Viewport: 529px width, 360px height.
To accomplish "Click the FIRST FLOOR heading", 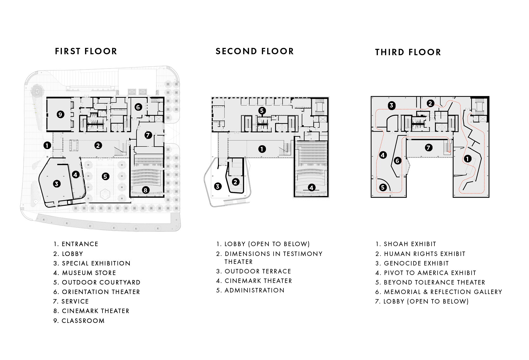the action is pyautogui.click(x=86, y=51).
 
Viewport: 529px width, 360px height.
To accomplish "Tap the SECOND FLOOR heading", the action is pyautogui.click(x=255, y=51).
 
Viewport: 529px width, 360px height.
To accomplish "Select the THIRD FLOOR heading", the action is pyautogui.click(x=408, y=52).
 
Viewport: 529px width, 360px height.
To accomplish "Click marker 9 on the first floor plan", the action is pyautogui.click(x=61, y=115).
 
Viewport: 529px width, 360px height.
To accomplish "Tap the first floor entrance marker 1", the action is pyautogui.click(x=47, y=145).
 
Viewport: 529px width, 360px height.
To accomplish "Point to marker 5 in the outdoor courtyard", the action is pyautogui.click(x=105, y=176).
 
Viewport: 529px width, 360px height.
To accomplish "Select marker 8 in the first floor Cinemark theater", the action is pyautogui.click(x=145, y=190).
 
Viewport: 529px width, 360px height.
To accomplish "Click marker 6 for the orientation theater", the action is pyautogui.click(x=138, y=107).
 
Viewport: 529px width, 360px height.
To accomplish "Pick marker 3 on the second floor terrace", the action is pyautogui.click(x=218, y=186).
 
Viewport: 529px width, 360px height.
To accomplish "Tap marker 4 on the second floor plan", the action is pyautogui.click(x=312, y=188).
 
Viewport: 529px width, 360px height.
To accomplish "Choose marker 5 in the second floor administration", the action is pyautogui.click(x=262, y=110).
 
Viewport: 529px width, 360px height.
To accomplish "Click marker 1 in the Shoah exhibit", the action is pyautogui.click(x=467, y=159).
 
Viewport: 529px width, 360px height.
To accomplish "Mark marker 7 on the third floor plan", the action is pyautogui.click(x=428, y=147).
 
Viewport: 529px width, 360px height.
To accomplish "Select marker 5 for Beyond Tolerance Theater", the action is pyautogui.click(x=383, y=187).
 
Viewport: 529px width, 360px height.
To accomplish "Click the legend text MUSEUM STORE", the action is pyautogui.click(x=89, y=273).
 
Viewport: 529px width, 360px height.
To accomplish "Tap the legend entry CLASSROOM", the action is pyautogui.click(x=83, y=321).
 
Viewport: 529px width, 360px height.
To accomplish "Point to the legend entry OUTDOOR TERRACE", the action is pyautogui.click(x=258, y=271).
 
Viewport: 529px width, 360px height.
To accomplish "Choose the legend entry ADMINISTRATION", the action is pyautogui.click(x=254, y=290).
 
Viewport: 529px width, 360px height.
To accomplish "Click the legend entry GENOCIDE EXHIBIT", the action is pyautogui.click(x=416, y=264).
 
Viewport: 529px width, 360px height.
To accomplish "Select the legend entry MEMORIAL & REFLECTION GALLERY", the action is pyautogui.click(x=443, y=292).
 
